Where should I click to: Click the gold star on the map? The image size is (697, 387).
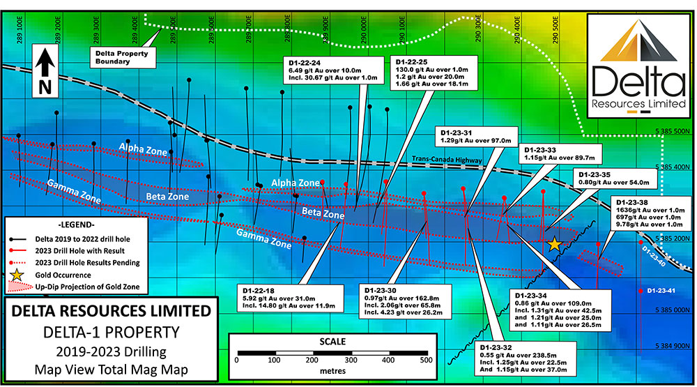point(554,244)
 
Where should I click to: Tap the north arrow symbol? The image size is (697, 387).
point(45,70)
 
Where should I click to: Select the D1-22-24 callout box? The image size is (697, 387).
point(333,70)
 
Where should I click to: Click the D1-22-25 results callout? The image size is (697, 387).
point(434,73)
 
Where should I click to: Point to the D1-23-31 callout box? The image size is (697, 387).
point(477,137)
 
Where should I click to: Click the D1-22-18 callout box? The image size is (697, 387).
point(290,298)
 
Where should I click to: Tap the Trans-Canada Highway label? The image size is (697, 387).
point(447,159)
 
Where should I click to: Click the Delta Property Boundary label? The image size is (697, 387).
point(122,57)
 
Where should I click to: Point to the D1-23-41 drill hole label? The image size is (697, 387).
point(661,291)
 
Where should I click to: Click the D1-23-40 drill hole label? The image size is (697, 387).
point(654,256)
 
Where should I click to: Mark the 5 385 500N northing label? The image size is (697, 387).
point(673,131)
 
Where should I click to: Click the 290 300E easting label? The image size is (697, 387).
point(478,30)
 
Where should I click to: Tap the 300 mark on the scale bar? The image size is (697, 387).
point(351,360)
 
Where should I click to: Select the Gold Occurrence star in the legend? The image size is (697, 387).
point(17,275)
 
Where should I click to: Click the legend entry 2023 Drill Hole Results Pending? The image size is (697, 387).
point(88,263)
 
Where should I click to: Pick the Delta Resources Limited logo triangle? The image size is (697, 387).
point(638,41)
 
